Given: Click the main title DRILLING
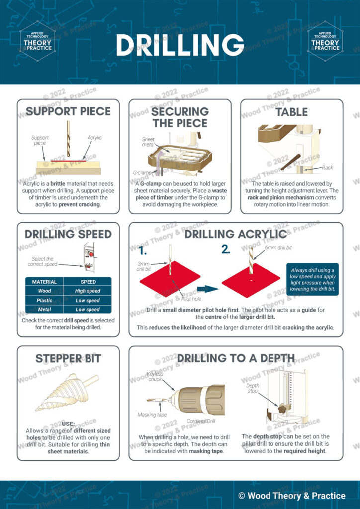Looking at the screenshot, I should [180, 45].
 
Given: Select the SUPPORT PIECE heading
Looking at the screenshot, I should [68, 111].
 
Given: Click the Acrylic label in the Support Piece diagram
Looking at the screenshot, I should [94, 137].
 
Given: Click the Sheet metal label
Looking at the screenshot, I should [148, 143].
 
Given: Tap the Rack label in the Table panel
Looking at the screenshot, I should [327, 168].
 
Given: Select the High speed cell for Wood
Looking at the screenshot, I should [88, 291].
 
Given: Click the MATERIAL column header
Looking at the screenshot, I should [44, 282].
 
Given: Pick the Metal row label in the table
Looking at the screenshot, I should [44, 309].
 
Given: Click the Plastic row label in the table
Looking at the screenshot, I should [44, 300].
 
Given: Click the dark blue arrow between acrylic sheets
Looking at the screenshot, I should [207, 288].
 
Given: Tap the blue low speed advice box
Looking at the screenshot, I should [312, 279].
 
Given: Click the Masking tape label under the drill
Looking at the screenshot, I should [151, 414].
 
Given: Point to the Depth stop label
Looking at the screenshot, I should [253, 388].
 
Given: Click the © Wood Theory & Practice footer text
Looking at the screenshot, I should [291, 495].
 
